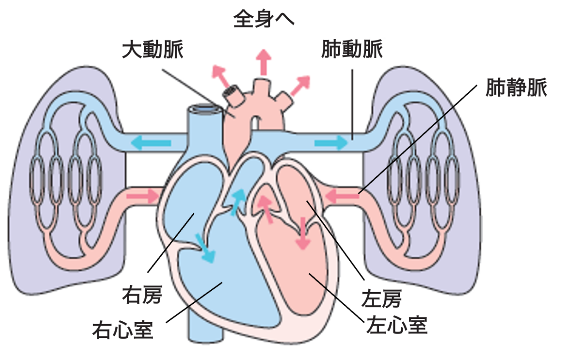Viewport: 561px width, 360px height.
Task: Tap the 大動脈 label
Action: click(153, 50)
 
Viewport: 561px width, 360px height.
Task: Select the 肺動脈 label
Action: click(352, 50)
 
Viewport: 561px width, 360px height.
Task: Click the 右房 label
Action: click(142, 295)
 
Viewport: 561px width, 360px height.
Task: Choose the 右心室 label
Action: click(123, 330)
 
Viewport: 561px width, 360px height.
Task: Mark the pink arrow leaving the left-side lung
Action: click(143, 196)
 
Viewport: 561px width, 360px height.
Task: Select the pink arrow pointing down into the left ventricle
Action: click(303, 233)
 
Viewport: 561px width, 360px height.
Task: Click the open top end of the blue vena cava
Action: click(203, 109)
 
